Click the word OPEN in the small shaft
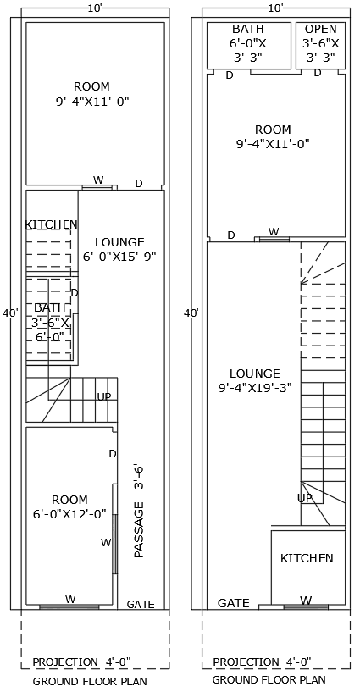pyautogui.click(x=320, y=29)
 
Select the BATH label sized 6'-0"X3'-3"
pyautogui.click(x=247, y=29)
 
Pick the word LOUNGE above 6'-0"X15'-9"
pyautogui.click(x=119, y=241)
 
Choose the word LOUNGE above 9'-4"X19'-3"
pyautogui.click(x=254, y=373)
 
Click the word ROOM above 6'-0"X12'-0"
pyautogui.click(x=69, y=500)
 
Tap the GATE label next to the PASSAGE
pyautogui.click(x=141, y=604)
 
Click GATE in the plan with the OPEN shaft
pyautogui.click(x=234, y=603)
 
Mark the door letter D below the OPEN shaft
pyautogui.click(x=318, y=74)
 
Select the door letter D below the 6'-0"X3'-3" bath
pyautogui.click(x=229, y=75)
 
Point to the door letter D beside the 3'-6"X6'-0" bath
pyautogui.click(x=75, y=293)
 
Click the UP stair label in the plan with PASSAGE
pyautogui.click(x=104, y=396)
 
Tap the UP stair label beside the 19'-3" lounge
pyautogui.click(x=305, y=498)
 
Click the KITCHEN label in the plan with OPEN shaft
pyautogui.click(x=307, y=558)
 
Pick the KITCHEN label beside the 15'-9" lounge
pyautogui.click(x=51, y=224)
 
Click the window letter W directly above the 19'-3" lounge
pyautogui.click(x=274, y=231)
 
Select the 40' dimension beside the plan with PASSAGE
pyautogui.click(x=10, y=313)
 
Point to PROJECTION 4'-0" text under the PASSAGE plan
pyautogui.click(x=81, y=662)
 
